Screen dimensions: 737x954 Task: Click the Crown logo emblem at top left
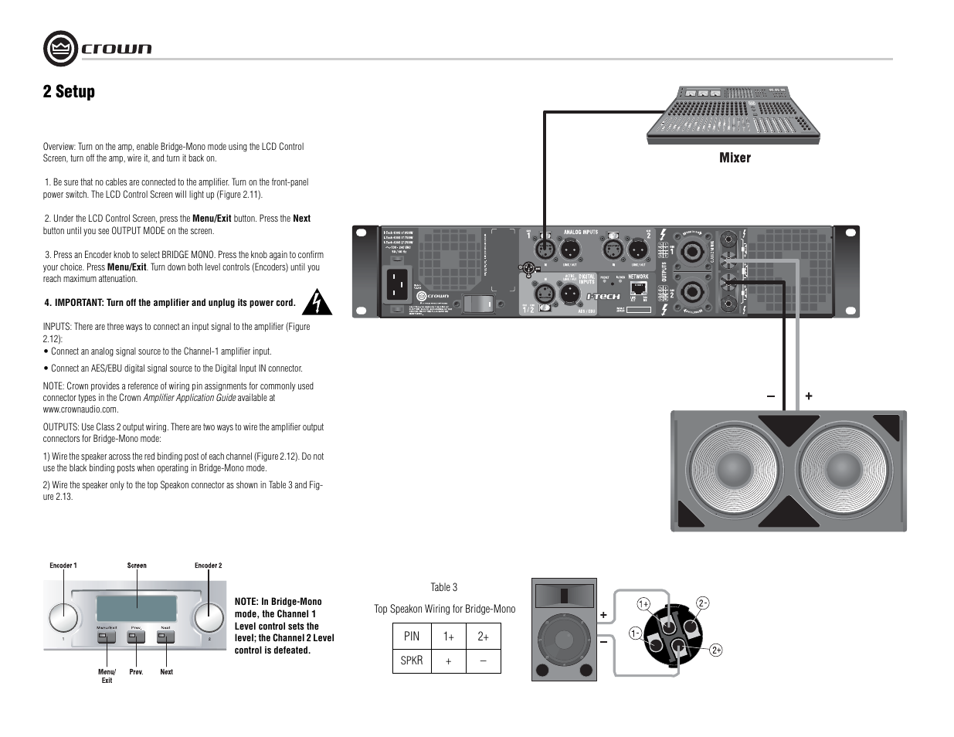[61, 49]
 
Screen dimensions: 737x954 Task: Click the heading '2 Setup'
[69, 91]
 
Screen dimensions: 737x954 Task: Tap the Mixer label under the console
[735, 158]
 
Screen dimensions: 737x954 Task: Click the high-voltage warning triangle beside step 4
[317, 303]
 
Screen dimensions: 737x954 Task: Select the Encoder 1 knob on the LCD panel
[63, 617]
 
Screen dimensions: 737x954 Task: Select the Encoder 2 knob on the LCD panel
[208, 617]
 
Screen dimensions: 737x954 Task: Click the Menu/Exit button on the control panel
[107, 637]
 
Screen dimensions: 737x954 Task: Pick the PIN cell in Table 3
[411, 636]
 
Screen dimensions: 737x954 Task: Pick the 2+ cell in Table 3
[483, 636]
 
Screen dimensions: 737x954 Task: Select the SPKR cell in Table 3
[411, 661]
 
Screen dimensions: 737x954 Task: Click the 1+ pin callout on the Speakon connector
[643, 603]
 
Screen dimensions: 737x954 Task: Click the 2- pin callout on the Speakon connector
[702, 603]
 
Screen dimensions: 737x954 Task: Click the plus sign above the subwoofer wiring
[809, 396]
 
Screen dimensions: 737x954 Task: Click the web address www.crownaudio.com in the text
[80, 409]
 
